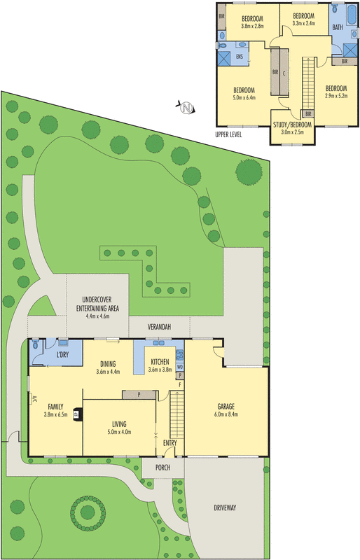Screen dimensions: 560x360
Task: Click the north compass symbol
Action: [x=186, y=107]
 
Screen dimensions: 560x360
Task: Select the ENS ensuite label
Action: [x=240, y=56]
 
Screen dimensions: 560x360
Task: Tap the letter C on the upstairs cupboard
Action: [x=284, y=72]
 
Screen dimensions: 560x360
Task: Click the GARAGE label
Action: [x=226, y=406]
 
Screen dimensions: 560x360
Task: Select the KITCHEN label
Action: [x=160, y=361]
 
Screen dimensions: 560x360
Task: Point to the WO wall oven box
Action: [x=180, y=366]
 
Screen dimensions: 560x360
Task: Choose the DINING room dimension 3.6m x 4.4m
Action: [x=108, y=372]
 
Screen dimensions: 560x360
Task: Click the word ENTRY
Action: [x=170, y=442]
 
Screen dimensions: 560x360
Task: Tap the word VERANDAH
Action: [x=159, y=327]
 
